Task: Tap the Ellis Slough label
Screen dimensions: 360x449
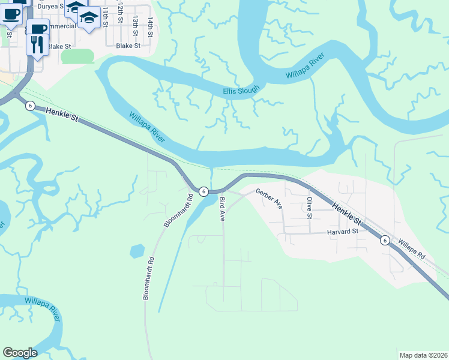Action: tap(241, 91)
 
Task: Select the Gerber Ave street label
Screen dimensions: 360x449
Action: tap(269, 199)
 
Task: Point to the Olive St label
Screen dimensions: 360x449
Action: tap(310, 208)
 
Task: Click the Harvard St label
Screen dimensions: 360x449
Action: tap(342, 231)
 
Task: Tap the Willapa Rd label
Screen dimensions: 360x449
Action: tap(411, 250)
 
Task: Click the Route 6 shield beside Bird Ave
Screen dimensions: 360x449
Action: tap(204, 191)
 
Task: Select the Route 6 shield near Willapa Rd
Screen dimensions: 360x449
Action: tap(385, 240)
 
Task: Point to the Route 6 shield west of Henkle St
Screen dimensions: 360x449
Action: tap(30, 106)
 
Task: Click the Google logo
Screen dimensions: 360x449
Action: tap(20, 353)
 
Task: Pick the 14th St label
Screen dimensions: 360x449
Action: tap(151, 28)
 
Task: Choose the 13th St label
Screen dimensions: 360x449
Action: tap(136, 26)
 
